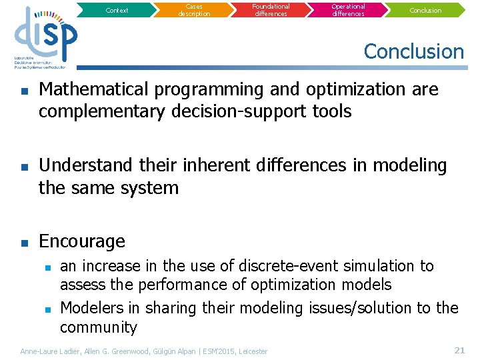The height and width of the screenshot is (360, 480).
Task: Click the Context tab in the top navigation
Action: (x=117, y=10)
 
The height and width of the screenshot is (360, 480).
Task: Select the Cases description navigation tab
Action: (x=194, y=10)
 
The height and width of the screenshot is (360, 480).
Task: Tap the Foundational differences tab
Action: (x=271, y=10)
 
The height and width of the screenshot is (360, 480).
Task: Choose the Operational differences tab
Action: (x=349, y=10)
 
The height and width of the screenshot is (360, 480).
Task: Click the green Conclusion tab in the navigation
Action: (x=425, y=10)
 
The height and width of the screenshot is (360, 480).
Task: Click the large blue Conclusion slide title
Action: (x=413, y=51)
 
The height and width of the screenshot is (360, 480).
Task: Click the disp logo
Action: (x=45, y=37)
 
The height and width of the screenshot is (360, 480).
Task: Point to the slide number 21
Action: (x=459, y=350)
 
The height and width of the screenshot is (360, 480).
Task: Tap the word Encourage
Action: (x=82, y=241)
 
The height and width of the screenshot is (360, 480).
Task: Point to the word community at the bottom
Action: (x=98, y=327)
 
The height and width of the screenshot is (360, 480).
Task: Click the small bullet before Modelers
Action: (x=47, y=309)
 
